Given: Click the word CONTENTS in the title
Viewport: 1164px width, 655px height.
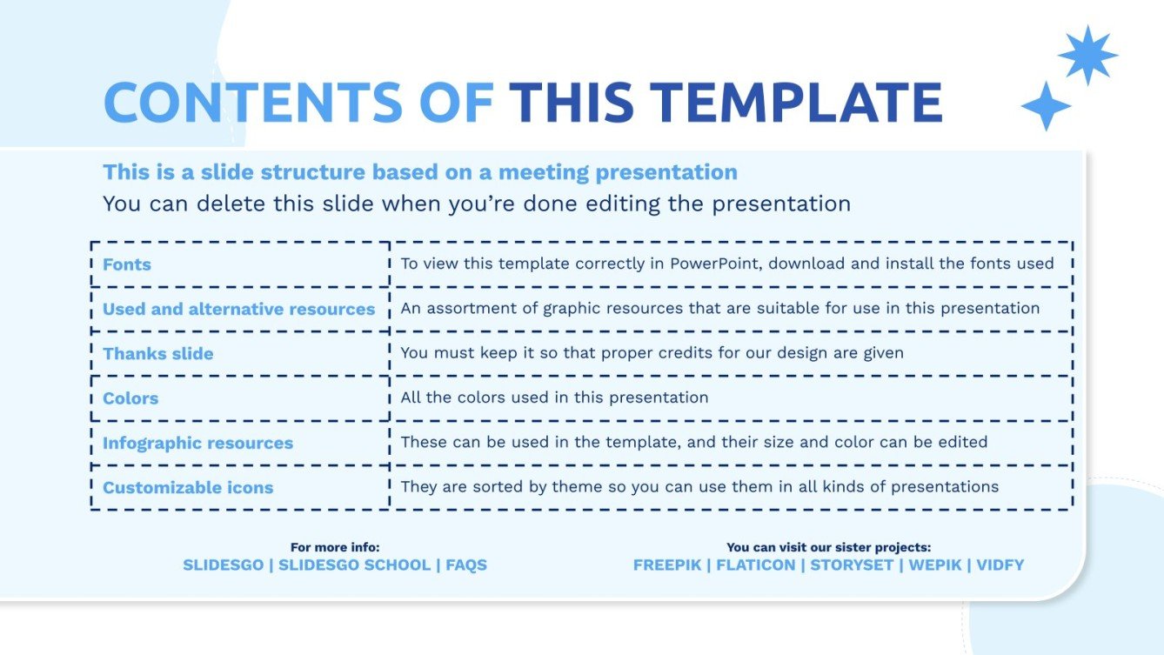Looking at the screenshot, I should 253,103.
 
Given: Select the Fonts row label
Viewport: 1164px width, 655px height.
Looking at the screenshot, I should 127,264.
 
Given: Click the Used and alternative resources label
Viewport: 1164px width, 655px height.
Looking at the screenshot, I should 238,309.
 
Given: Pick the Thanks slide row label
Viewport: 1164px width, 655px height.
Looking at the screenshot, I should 157,354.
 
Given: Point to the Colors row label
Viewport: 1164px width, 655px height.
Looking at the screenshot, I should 130,398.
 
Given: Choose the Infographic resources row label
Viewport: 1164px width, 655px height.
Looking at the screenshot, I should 197,443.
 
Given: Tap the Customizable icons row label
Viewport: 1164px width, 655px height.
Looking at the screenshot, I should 188,487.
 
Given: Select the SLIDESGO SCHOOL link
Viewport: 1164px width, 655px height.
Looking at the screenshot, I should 354,565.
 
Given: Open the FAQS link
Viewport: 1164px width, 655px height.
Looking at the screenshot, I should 466,565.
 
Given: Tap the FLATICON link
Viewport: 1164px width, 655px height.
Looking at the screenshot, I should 755,565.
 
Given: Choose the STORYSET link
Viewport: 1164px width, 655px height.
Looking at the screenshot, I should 853,565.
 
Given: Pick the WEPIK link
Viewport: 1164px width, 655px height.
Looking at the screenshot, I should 935,565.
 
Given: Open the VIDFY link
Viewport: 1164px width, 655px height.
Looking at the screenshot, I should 1000,565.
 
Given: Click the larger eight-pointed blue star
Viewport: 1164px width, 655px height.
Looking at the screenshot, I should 1087,55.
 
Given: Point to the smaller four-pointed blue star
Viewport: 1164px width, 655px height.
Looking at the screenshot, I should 1046,106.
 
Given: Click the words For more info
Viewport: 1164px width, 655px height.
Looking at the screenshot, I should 335,547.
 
